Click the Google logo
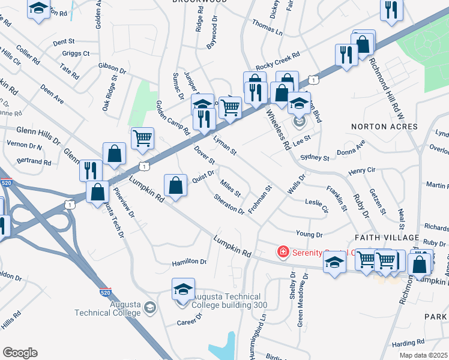(x=20, y=353)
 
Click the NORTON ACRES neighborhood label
(x=384, y=127)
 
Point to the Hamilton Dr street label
(x=189, y=262)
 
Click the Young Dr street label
(x=309, y=234)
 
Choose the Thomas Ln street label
(x=267, y=28)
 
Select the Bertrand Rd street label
(x=34, y=162)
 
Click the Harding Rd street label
(x=408, y=344)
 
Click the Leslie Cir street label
(x=317, y=206)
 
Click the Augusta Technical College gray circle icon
(x=149, y=308)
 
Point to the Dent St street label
(x=63, y=43)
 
